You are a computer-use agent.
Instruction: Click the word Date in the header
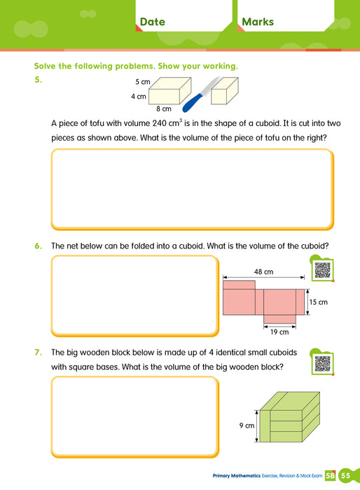tap(152, 22)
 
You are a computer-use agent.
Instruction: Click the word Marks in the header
tap(257, 22)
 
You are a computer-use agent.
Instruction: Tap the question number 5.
tap(39, 80)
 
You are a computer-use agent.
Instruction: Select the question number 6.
tap(39, 246)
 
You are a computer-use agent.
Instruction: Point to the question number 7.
tap(39, 353)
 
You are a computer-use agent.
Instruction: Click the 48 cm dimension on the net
tap(264, 272)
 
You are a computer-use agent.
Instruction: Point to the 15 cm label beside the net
tap(318, 302)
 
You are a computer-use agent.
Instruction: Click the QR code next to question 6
tap(321, 270)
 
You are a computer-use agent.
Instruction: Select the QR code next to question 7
tap(321, 363)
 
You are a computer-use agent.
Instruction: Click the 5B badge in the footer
tap(330, 476)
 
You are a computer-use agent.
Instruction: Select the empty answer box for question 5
tap(191, 189)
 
